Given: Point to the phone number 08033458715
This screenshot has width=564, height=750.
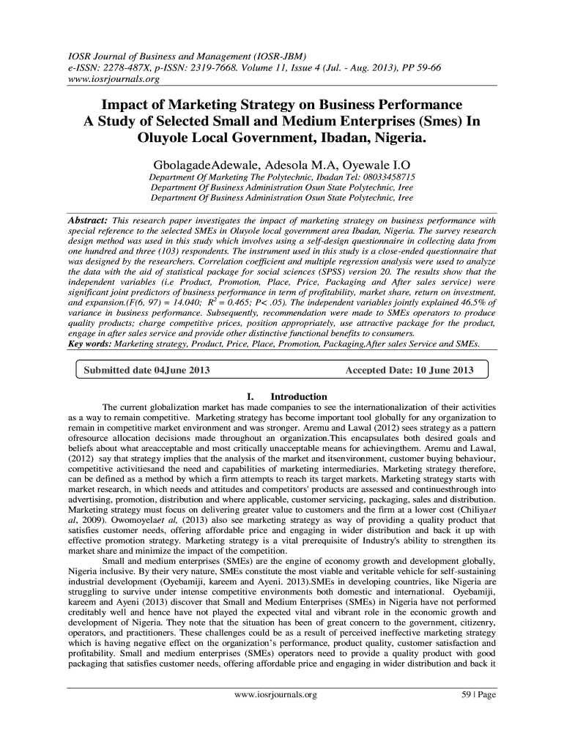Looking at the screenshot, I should (385, 177).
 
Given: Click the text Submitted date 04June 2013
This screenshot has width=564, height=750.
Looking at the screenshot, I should (147, 370).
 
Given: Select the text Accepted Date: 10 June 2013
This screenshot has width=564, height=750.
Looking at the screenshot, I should (409, 370).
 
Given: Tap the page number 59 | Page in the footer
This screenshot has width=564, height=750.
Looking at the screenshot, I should (475, 695).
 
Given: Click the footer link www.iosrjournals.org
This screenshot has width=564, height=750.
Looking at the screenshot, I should (275, 695).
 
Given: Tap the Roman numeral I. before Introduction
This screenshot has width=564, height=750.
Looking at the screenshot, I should (253, 396).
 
